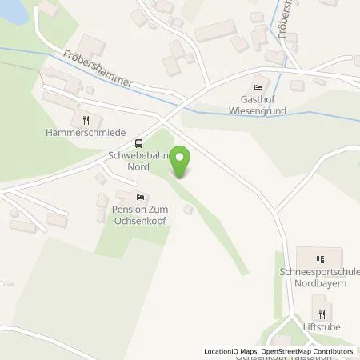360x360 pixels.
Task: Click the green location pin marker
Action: pos(182,162)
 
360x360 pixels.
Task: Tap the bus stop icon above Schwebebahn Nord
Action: pos(139,144)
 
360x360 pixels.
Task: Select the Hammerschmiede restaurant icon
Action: pos(86,120)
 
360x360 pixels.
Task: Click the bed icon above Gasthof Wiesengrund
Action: pos(257,88)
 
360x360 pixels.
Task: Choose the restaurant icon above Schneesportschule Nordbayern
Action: pos(319,259)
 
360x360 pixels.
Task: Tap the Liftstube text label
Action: pos(322,327)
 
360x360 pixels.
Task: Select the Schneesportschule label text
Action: pos(325,272)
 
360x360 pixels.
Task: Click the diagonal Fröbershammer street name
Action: pos(99,71)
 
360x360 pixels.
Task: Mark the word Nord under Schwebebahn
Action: pos(138,168)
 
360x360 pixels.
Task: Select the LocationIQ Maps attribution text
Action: pos(230,351)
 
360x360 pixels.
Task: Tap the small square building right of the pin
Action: pos(188,210)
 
